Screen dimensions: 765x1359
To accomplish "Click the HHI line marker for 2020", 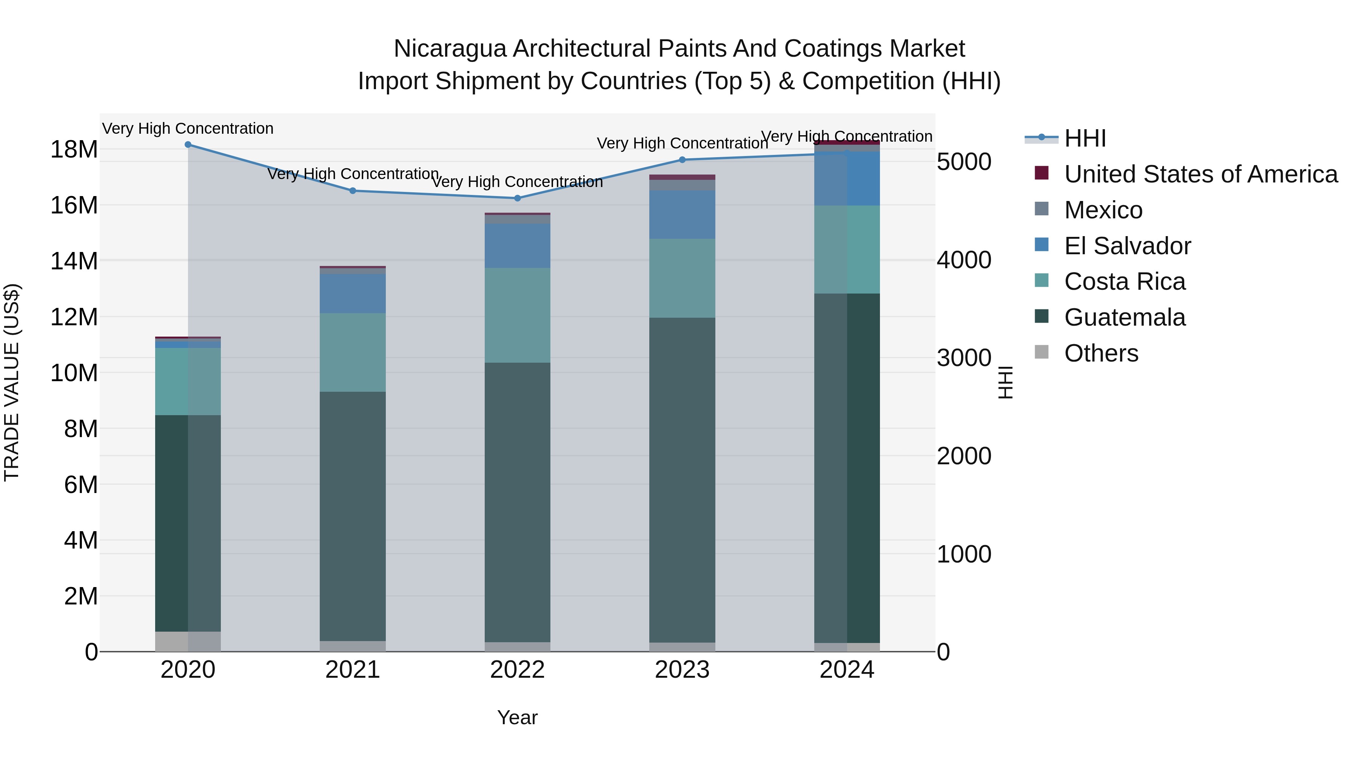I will click(x=188, y=145).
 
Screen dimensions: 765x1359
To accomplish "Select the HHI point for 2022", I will click(x=518, y=198).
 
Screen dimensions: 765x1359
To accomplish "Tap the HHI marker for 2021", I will click(x=353, y=191).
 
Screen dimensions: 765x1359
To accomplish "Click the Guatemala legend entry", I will click(x=1124, y=317).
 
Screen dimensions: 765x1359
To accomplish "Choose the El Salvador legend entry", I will click(x=1127, y=246).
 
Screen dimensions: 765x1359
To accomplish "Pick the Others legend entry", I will click(x=1101, y=353).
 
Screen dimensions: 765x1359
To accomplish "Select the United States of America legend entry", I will click(x=1200, y=174).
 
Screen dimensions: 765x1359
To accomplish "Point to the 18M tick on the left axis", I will click(x=74, y=149).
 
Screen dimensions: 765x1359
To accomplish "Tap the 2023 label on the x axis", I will click(x=682, y=670).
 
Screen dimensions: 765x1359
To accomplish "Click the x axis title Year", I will click(x=518, y=717).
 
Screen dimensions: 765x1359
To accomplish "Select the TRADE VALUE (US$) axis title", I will click(x=12, y=382).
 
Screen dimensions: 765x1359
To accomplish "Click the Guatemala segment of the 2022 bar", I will click(x=518, y=502).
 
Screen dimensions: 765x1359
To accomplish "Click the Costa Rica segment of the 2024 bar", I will click(x=847, y=249).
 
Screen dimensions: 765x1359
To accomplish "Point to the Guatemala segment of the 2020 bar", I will click(x=188, y=523).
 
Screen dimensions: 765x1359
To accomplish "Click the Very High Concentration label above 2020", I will click(x=188, y=129).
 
